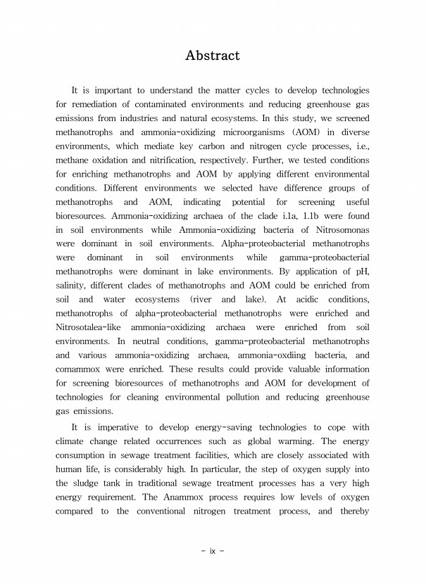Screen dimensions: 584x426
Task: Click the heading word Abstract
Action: pyautogui.click(x=213, y=55)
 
